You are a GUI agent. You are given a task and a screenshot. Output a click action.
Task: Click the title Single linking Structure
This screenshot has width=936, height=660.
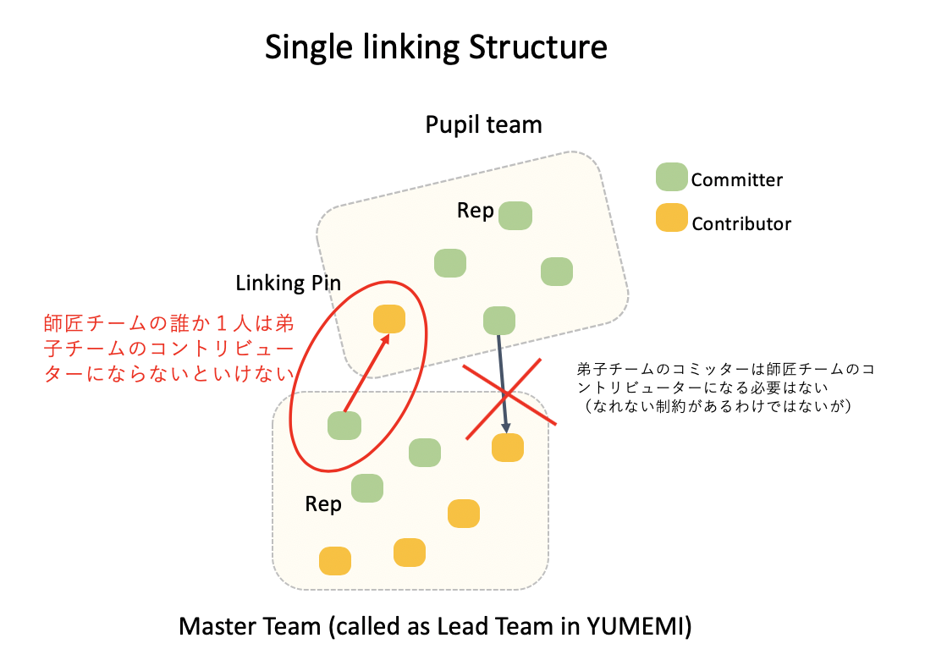tap(436, 47)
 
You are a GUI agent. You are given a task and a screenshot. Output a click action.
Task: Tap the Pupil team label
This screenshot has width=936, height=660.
tap(483, 125)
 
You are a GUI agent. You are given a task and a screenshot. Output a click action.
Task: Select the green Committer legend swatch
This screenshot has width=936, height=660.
tap(672, 178)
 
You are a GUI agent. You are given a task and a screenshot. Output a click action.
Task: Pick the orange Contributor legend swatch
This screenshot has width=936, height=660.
tap(672, 222)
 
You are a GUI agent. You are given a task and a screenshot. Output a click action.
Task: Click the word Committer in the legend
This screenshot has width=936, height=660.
tap(737, 179)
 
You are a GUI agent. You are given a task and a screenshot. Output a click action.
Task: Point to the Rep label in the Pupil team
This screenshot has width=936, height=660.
tap(475, 211)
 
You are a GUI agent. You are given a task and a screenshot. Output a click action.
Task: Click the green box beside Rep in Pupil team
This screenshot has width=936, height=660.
tap(515, 216)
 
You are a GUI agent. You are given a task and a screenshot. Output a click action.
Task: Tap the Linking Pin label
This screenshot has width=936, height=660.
tap(289, 283)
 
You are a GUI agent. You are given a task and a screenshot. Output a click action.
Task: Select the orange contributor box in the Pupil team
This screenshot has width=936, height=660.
tap(389, 319)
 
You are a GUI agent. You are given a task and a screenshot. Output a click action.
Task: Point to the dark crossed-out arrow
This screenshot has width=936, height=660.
tap(503, 381)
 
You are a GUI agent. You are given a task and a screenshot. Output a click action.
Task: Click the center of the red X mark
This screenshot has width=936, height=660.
tap(506, 394)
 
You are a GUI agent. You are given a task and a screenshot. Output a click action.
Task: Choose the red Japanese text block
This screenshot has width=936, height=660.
tap(168, 349)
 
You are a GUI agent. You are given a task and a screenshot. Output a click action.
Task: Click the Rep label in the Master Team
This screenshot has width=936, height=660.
tap(323, 504)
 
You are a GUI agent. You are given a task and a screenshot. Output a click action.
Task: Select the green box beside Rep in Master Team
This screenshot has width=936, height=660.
tap(367, 487)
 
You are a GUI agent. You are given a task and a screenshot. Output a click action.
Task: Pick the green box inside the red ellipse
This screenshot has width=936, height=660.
tap(344, 426)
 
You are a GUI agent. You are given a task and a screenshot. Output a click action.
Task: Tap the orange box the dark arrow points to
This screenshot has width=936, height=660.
tap(508, 447)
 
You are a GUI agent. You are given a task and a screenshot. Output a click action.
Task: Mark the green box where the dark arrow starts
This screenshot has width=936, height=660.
tap(499, 321)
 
